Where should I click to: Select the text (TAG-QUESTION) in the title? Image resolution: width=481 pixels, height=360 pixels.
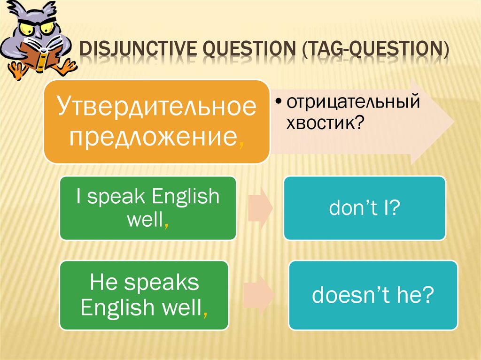(x=375, y=49)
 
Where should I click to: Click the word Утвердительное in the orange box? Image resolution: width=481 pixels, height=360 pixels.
(x=157, y=106)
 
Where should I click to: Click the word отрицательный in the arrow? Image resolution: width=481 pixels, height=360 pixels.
(x=353, y=102)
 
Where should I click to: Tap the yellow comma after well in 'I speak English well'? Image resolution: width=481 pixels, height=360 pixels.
(x=166, y=226)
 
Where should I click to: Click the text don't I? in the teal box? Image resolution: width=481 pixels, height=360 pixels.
(x=365, y=207)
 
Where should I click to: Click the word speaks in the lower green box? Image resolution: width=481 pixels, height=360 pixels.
(x=162, y=283)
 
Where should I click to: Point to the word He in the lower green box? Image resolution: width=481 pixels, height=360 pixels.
(x=103, y=282)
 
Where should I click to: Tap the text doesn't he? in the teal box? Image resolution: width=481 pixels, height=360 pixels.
(x=373, y=295)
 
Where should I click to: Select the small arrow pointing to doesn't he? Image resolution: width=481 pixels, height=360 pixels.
(x=259, y=295)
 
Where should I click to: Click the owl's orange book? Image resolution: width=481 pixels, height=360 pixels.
(x=39, y=57)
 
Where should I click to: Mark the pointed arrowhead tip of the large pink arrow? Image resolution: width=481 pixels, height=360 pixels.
(x=454, y=122)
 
